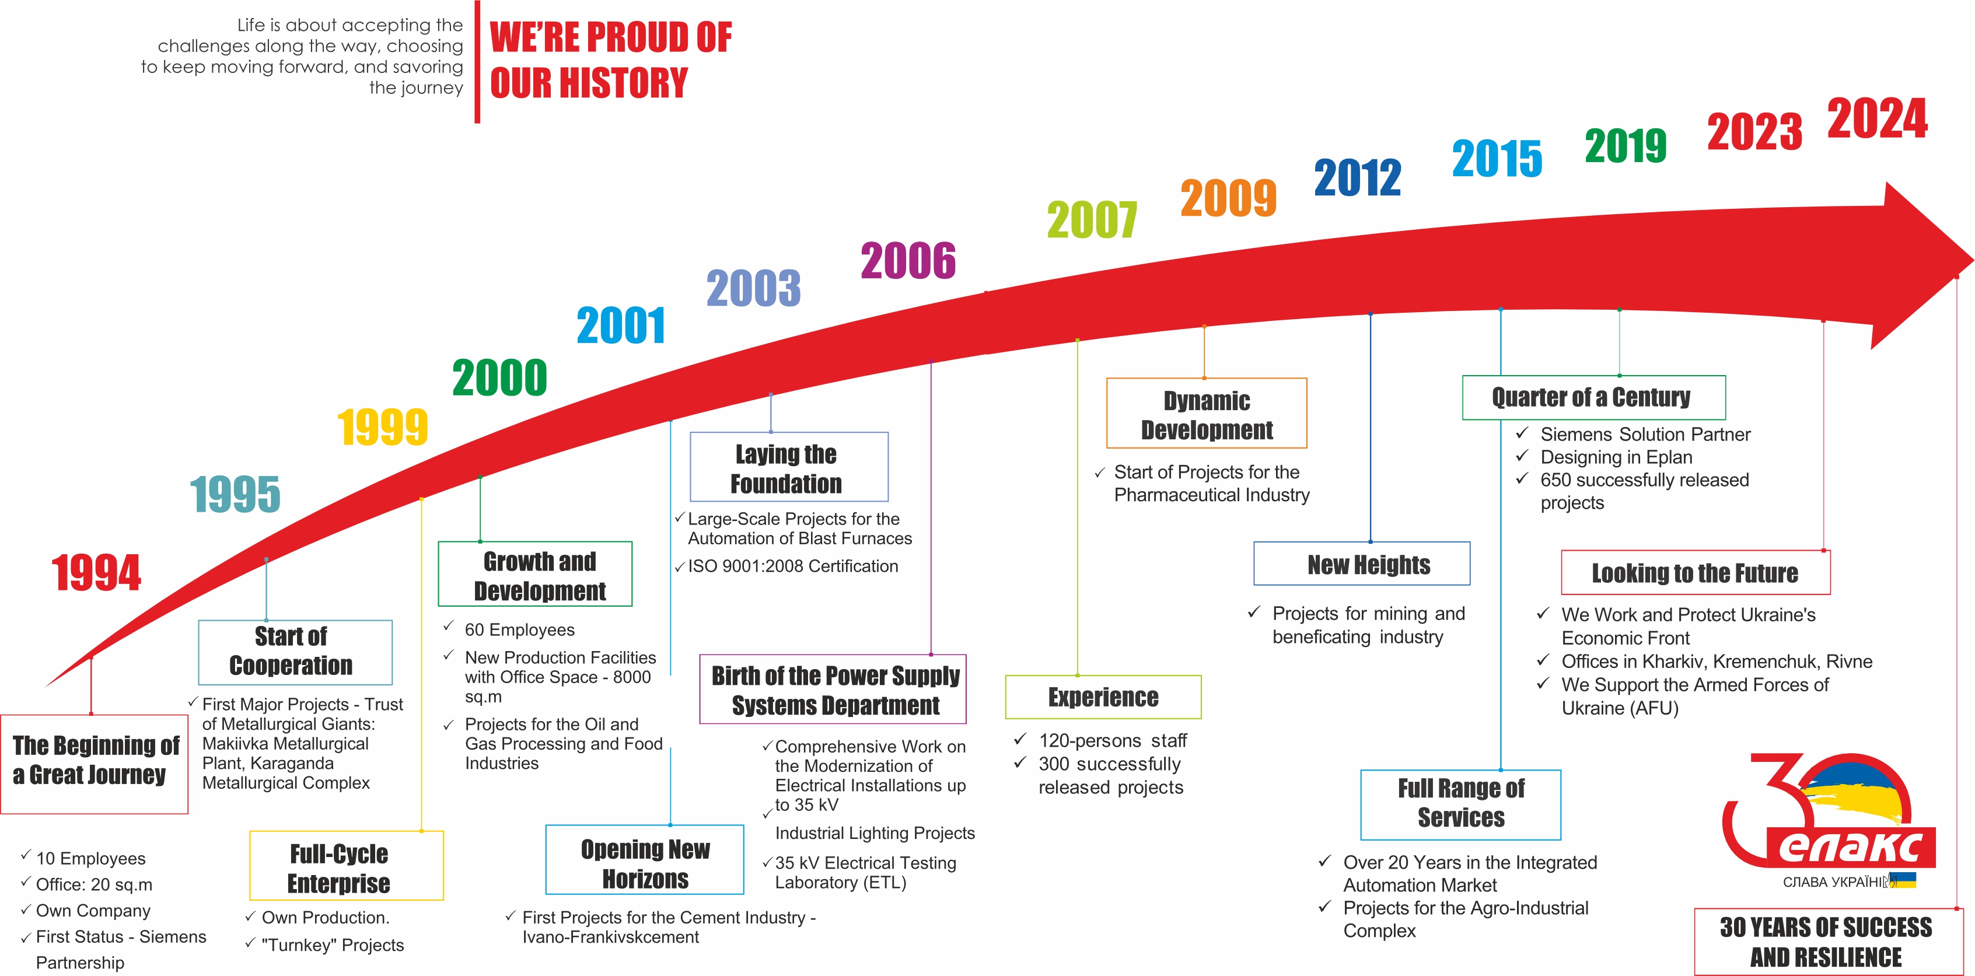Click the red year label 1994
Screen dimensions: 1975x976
pyautogui.click(x=97, y=573)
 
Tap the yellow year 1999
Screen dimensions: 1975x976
pyautogui.click(x=383, y=427)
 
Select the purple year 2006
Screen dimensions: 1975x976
pyautogui.click(x=908, y=260)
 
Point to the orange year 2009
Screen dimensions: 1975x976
pyautogui.click(x=1228, y=198)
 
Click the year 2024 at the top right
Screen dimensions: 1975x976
pyautogui.click(x=1878, y=119)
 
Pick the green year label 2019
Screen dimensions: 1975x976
pyautogui.click(x=1626, y=146)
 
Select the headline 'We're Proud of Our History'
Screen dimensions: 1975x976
pyautogui.click(x=610, y=60)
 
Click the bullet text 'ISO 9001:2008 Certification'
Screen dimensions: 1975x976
pyautogui.click(x=793, y=566)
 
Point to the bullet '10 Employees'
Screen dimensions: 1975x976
pyautogui.click(x=90, y=859)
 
